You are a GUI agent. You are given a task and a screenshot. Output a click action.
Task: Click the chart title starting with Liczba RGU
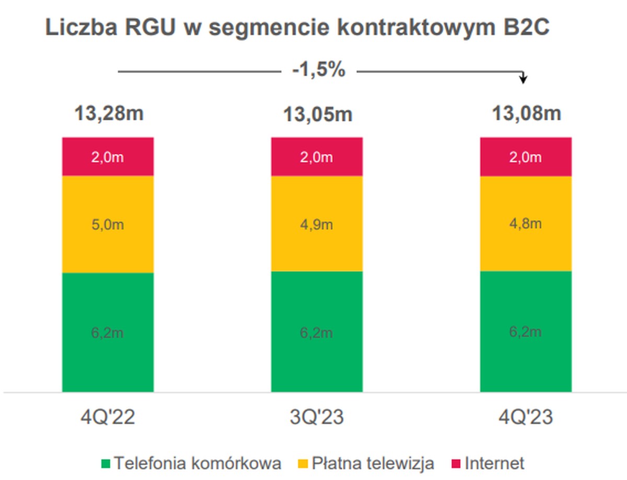click(x=297, y=28)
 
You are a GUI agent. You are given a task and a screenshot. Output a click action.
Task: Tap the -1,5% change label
click(x=318, y=69)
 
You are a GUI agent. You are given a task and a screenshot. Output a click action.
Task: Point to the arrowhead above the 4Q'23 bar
click(x=524, y=79)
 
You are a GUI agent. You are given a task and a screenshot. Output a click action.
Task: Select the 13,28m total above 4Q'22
click(x=108, y=113)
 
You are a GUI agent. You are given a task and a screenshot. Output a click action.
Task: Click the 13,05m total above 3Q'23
click(x=317, y=114)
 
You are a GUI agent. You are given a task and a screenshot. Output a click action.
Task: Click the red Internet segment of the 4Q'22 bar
click(x=108, y=157)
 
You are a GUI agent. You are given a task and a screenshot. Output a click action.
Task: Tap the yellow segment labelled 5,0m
click(x=108, y=225)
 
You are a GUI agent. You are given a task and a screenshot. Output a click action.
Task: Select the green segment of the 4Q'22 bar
click(x=108, y=332)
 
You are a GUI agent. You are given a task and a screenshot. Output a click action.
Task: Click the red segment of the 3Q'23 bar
click(x=317, y=157)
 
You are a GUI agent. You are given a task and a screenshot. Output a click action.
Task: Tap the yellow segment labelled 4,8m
click(x=526, y=224)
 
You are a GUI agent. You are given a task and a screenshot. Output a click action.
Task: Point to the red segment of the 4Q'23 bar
click(x=526, y=157)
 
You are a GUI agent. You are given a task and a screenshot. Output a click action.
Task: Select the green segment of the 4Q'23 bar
click(x=526, y=331)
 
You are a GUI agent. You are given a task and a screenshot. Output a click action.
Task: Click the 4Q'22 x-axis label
click(x=108, y=418)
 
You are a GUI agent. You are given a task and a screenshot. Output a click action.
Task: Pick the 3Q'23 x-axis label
click(x=317, y=418)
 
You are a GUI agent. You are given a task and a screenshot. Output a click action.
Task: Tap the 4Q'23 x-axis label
click(x=526, y=418)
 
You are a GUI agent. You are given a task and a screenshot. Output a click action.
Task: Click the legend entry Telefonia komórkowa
click(x=191, y=463)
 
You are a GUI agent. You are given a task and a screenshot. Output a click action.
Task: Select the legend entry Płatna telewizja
click(x=366, y=463)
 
